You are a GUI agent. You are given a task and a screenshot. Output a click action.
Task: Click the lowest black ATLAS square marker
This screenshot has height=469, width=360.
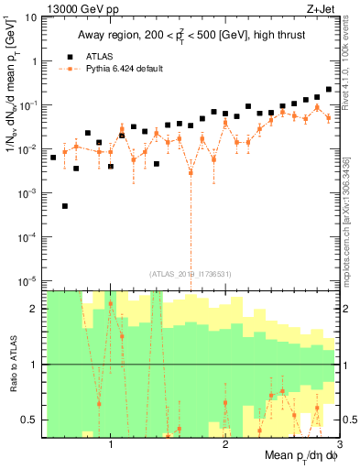pyautogui.click(x=65, y=206)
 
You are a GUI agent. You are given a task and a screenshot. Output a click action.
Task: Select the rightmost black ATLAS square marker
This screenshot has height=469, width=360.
pyautogui.click(x=328, y=90)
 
